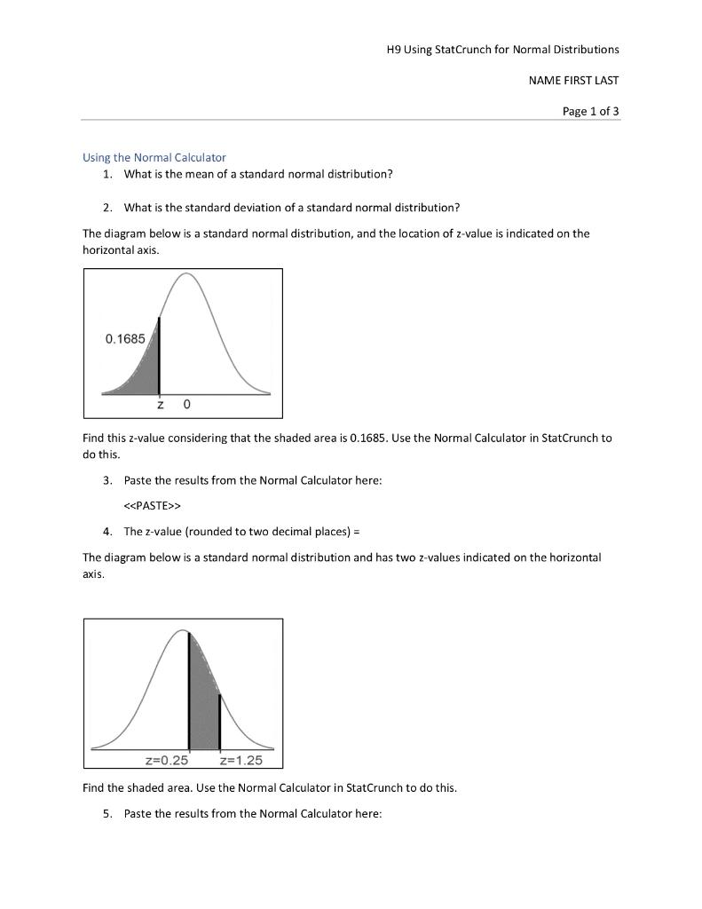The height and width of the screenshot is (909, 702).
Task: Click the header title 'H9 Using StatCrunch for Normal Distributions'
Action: pyautogui.click(x=502, y=49)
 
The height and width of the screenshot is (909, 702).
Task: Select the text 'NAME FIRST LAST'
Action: pyautogui.click(x=573, y=80)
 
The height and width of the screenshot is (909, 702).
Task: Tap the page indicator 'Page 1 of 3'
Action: pyautogui.click(x=591, y=111)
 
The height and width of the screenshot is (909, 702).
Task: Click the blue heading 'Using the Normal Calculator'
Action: pyautogui.click(x=154, y=157)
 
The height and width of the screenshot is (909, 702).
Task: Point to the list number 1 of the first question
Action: pyautogui.click(x=106, y=173)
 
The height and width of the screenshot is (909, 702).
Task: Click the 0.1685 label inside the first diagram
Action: pyautogui.click(x=124, y=339)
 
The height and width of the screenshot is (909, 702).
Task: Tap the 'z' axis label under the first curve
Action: pyautogui.click(x=160, y=405)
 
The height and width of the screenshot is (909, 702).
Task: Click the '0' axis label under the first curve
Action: pyautogui.click(x=186, y=405)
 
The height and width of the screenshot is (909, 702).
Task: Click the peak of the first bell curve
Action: pyautogui.click(x=186, y=274)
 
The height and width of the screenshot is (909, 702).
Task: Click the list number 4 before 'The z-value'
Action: pyautogui.click(x=106, y=532)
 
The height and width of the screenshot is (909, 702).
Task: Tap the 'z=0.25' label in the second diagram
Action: pyautogui.click(x=167, y=760)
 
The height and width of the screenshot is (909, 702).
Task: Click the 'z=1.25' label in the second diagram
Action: pyautogui.click(x=240, y=760)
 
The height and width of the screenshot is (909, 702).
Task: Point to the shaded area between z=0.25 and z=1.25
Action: pyautogui.click(x=203, y=701)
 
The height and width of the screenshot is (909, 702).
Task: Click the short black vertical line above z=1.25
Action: pyautogui.click(x=219, y=721)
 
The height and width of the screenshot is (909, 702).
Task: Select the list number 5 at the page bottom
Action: pyautogui.click(x=106, y=813)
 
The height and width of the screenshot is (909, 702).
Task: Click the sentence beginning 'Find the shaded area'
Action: pyautogui.click(x=269, y=787)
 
